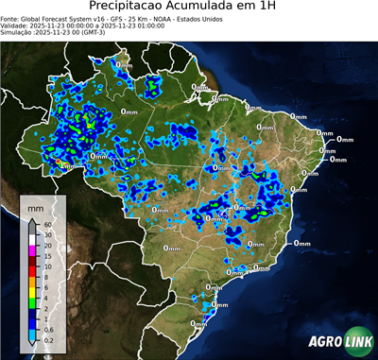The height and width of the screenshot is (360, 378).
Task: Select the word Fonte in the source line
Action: (10, 17)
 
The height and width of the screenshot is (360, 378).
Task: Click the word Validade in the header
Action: (15, 25)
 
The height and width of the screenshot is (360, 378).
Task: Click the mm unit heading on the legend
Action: (34, 207)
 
